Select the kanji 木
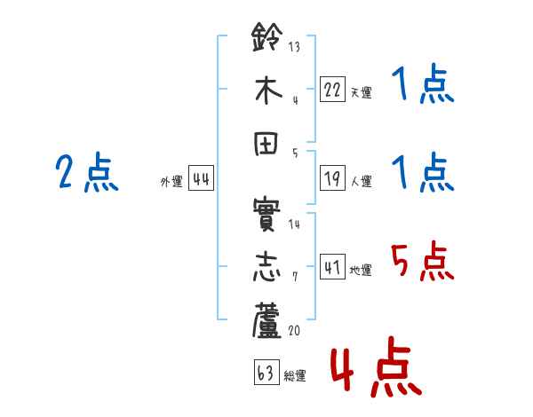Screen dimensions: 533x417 click(267, 92)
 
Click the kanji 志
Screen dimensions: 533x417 click(267, 269)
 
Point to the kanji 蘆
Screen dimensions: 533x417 click(267, 322)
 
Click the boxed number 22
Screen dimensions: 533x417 click(332, 90)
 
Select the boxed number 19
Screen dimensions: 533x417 click(332, 179)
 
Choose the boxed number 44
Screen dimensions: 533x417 click(201, 179)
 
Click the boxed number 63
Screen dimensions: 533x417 click(266, 374)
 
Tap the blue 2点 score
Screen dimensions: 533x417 click(87, 174)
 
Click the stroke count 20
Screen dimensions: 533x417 click(295, 330)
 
